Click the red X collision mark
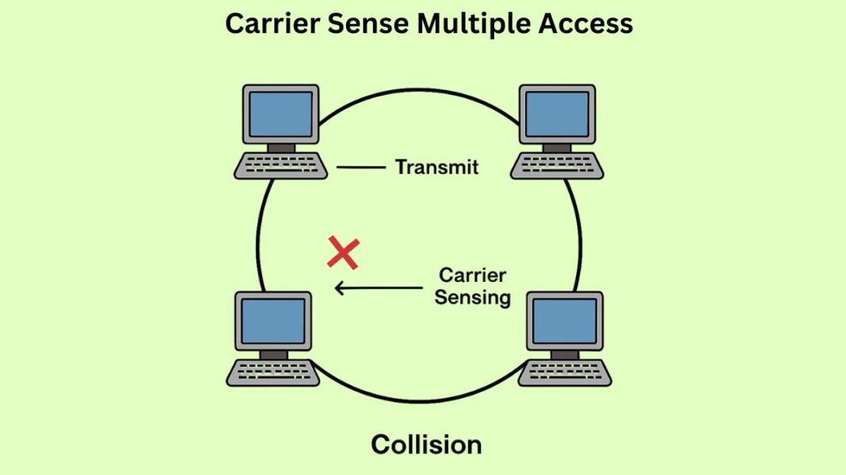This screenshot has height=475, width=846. click(344, 253)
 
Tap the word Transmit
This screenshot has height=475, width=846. click(437, 167)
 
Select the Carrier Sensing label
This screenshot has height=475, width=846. click(473, 287)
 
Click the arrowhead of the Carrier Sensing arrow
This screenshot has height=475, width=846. click(339, 288)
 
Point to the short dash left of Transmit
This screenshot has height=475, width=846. click(360, 167)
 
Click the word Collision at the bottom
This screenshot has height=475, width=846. click(426, 444)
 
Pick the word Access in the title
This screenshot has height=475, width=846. click(585, 24)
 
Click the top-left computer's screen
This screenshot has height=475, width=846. click(280, 114)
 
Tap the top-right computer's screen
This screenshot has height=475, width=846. click(558, 114)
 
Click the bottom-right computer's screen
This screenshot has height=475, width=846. click(565, 321)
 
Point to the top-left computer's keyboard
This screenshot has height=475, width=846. click(281, 166)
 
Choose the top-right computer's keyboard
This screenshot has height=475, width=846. click(557, 166)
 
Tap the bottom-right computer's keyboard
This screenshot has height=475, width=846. click(565, 373)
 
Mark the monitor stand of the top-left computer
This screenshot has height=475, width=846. click(280, 148)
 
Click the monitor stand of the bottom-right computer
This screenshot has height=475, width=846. click(565, 355)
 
